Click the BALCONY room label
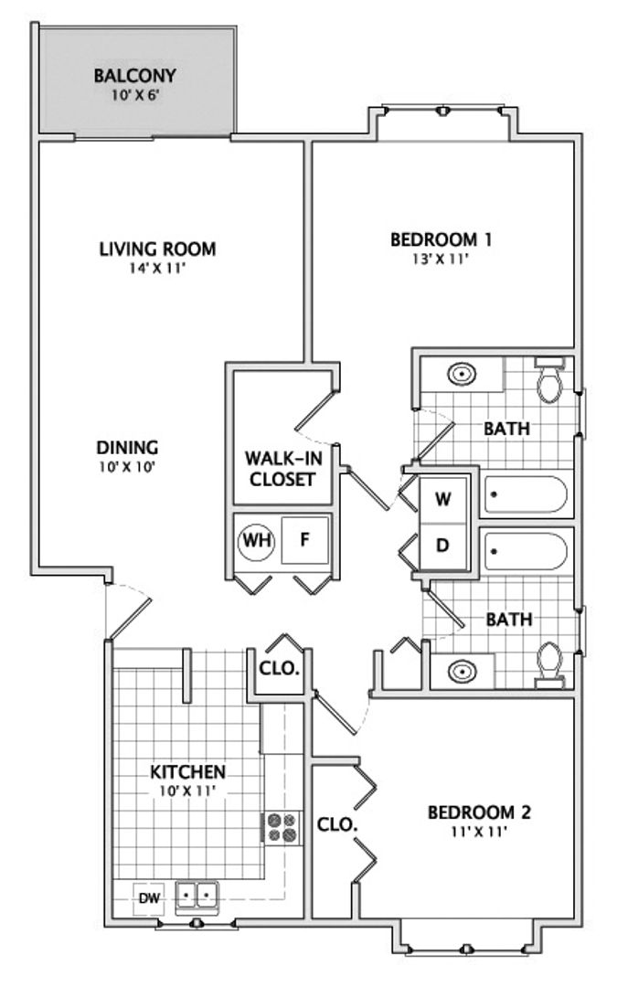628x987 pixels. point(134,76)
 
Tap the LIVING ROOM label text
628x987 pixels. point(157,249)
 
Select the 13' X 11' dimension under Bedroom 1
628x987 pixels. point(441,259)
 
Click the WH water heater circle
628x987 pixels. point(256,541)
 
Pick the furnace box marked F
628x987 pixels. point(305,540)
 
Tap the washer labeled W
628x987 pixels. point(443,499)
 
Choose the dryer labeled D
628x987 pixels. point(443,545)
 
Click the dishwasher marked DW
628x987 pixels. point(149,898)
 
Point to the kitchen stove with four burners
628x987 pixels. point(281,828)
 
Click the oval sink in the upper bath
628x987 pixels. point(462,375)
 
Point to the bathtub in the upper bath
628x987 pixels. point(526,494)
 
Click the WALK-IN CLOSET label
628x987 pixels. point(282,468)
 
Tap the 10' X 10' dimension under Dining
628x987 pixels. point(127,467)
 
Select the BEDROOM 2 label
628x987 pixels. point(479,812)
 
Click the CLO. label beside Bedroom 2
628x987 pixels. point(337,824)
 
